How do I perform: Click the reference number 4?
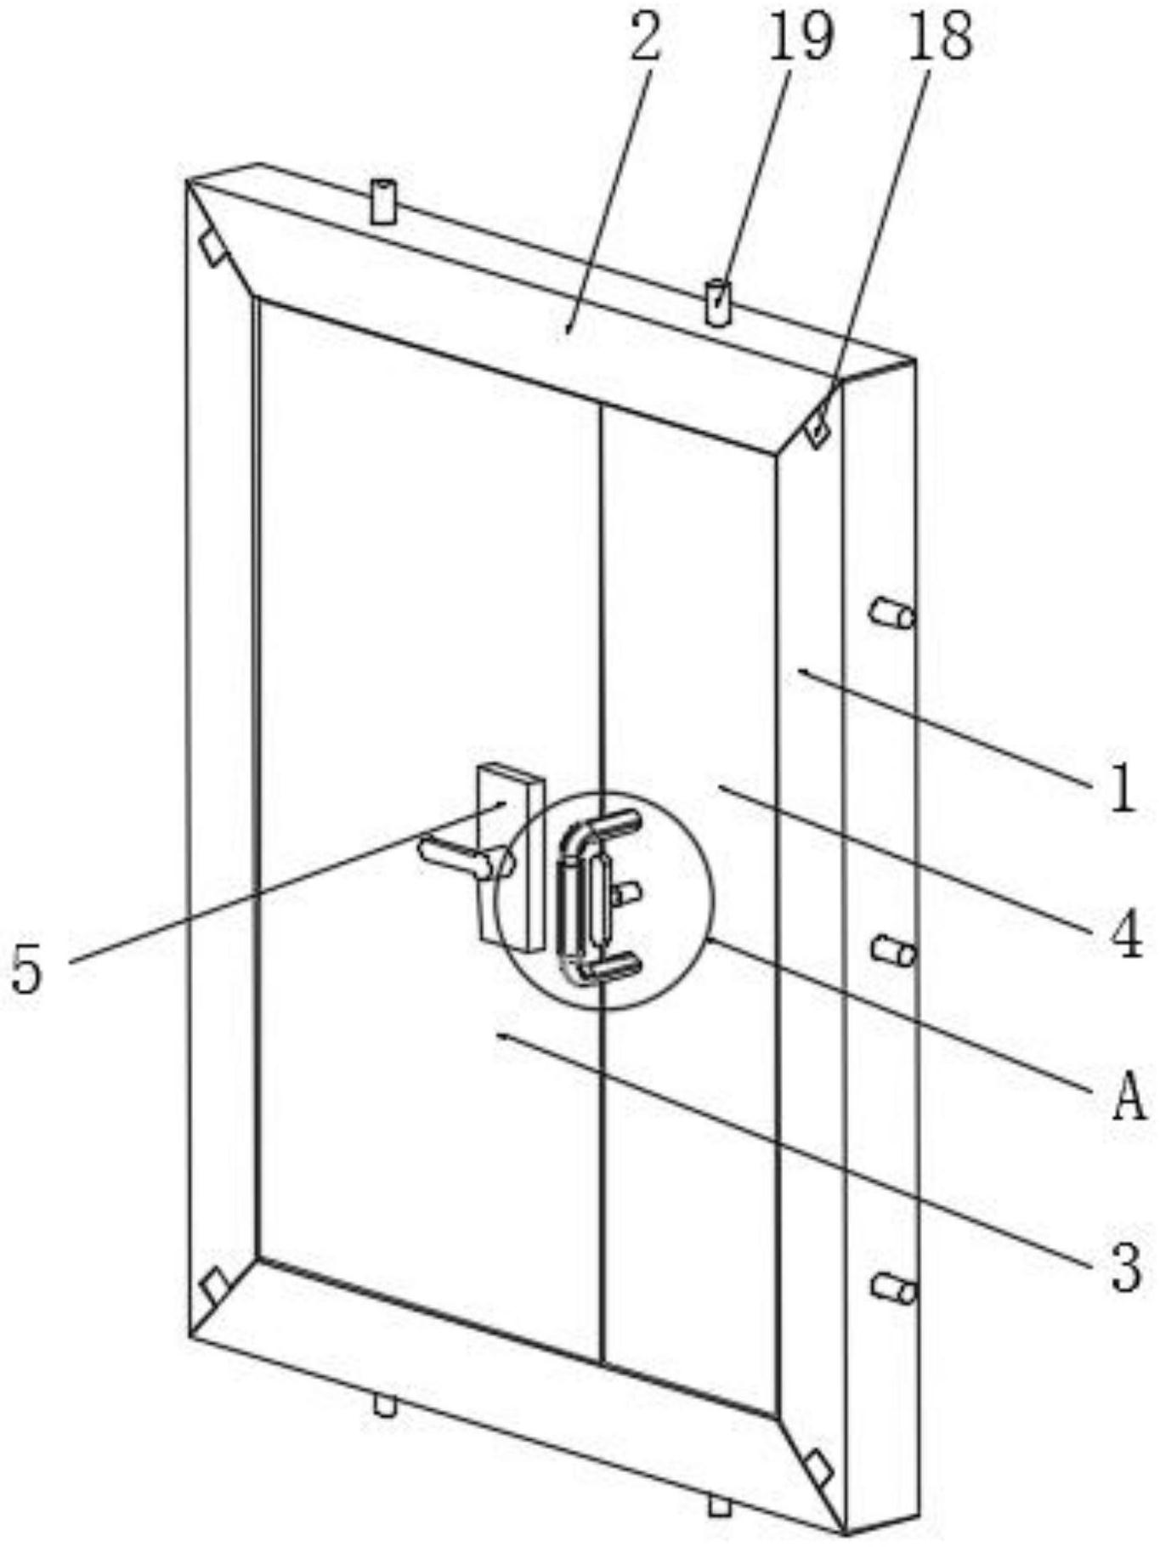pyautogui.click(x=1128, y=933)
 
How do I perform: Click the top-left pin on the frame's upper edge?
pyautogui.click(x=383, y=202)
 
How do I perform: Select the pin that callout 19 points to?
pyautogui.click(x=718, y=302)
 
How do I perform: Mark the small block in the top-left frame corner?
pyautogui.click(x=212, y=247)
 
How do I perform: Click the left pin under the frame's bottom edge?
pyautogui.click(x=385, y=1405)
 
